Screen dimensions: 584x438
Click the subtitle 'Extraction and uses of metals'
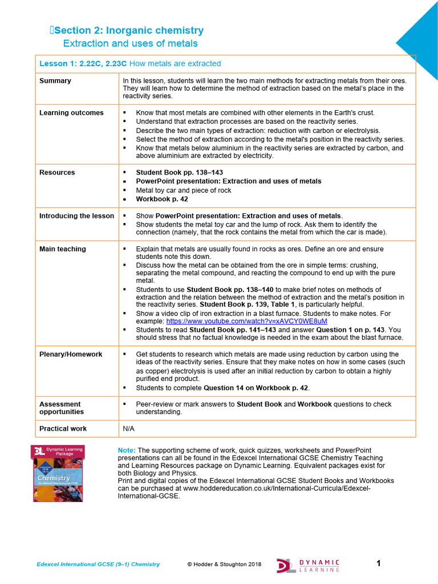click(130, 44)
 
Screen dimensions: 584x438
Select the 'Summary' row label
click(55, 81)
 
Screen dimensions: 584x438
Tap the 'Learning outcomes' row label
click(71, 113)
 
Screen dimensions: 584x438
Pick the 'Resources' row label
click(57, 172)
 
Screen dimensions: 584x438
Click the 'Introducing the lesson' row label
click(76, 216)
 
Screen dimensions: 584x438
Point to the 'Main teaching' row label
click(63, 249)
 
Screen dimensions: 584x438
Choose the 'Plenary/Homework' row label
click(71, 354)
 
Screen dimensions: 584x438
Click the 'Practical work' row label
click(63, 428)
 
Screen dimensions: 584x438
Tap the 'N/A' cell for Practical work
click(129, 428)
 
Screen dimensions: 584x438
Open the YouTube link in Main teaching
click(246, 322)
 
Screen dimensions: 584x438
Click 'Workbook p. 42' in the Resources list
click(162, 199)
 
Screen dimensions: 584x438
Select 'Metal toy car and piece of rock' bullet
click(184, 190)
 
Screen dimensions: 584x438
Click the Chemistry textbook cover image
click(58, 473)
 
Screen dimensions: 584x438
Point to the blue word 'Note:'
click(127, 450)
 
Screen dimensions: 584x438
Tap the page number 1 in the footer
click(378, 563)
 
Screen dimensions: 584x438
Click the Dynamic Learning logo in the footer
click(309, 565)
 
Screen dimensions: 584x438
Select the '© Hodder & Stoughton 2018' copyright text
click(224, 565)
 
